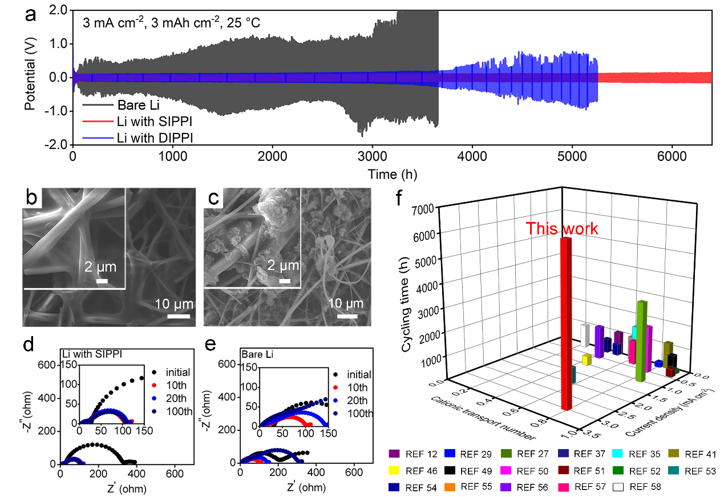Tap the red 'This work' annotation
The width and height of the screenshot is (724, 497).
point(562,229)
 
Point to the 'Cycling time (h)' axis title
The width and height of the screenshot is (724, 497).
point(407,297)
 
